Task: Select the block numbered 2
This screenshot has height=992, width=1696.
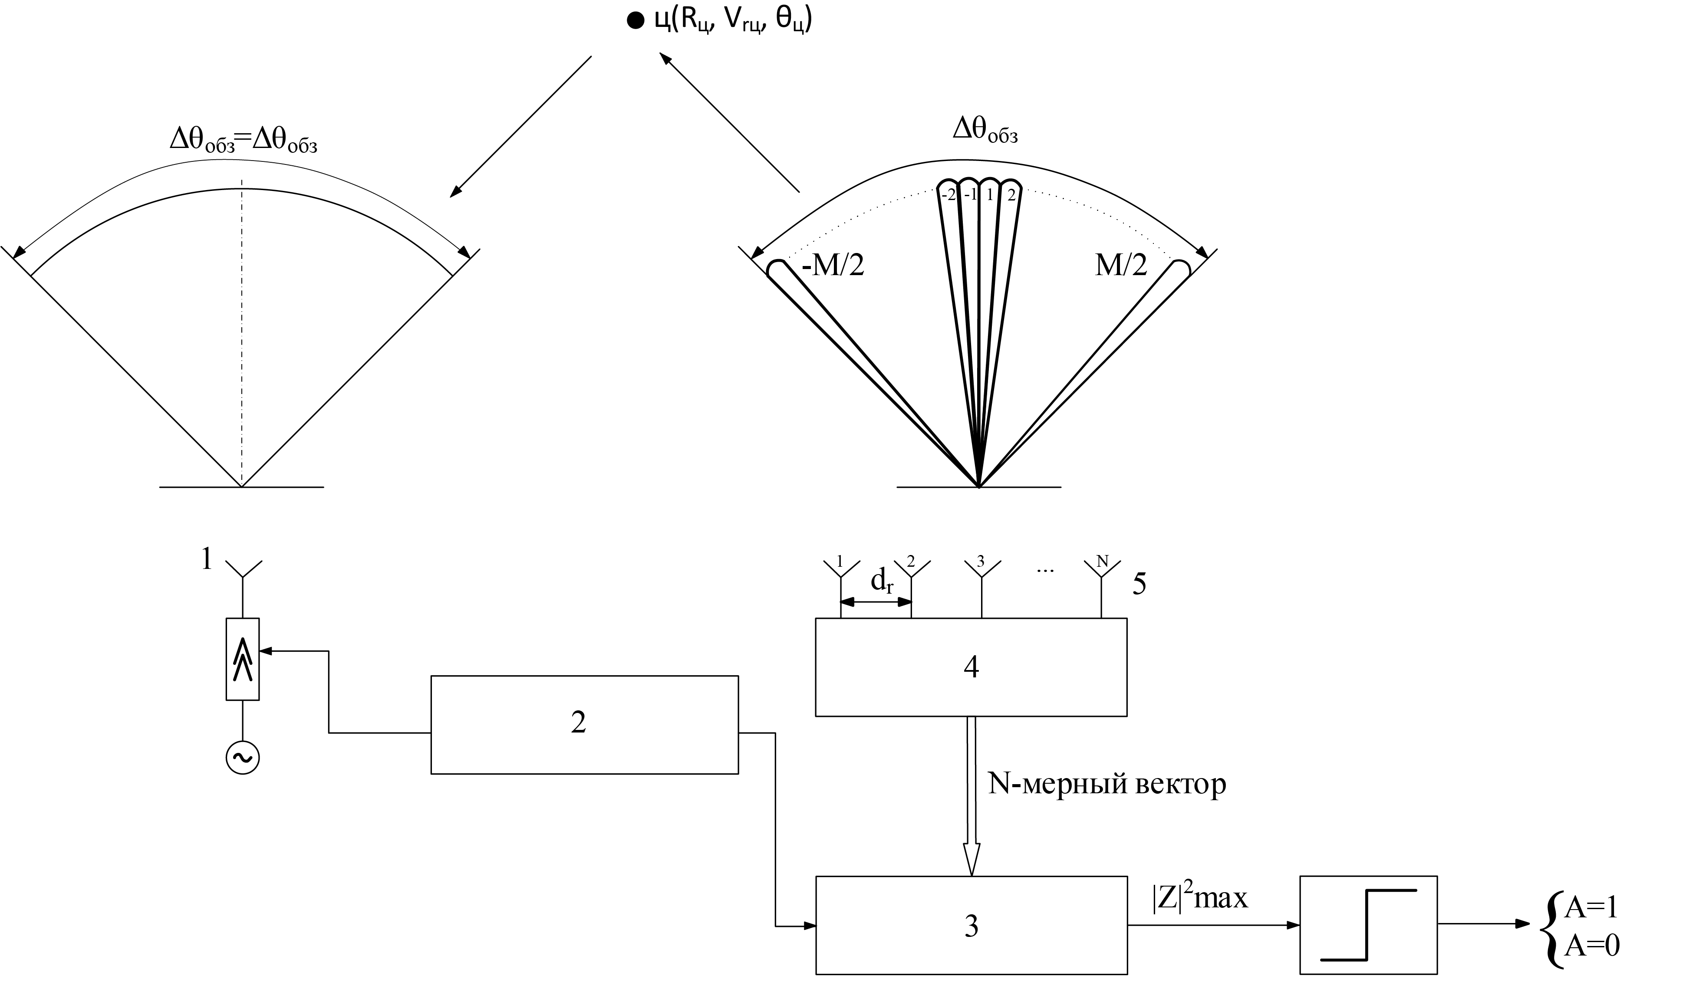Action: click(x=584, y=724)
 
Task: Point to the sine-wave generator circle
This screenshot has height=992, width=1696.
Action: click(x=242, y=758)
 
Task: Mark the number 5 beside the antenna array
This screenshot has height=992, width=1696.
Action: click(x=1139, y=584)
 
